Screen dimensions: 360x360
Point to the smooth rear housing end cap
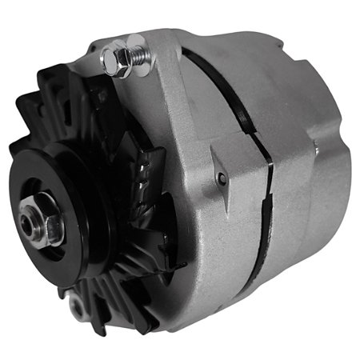pyautogui.click(x=312, y=184)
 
